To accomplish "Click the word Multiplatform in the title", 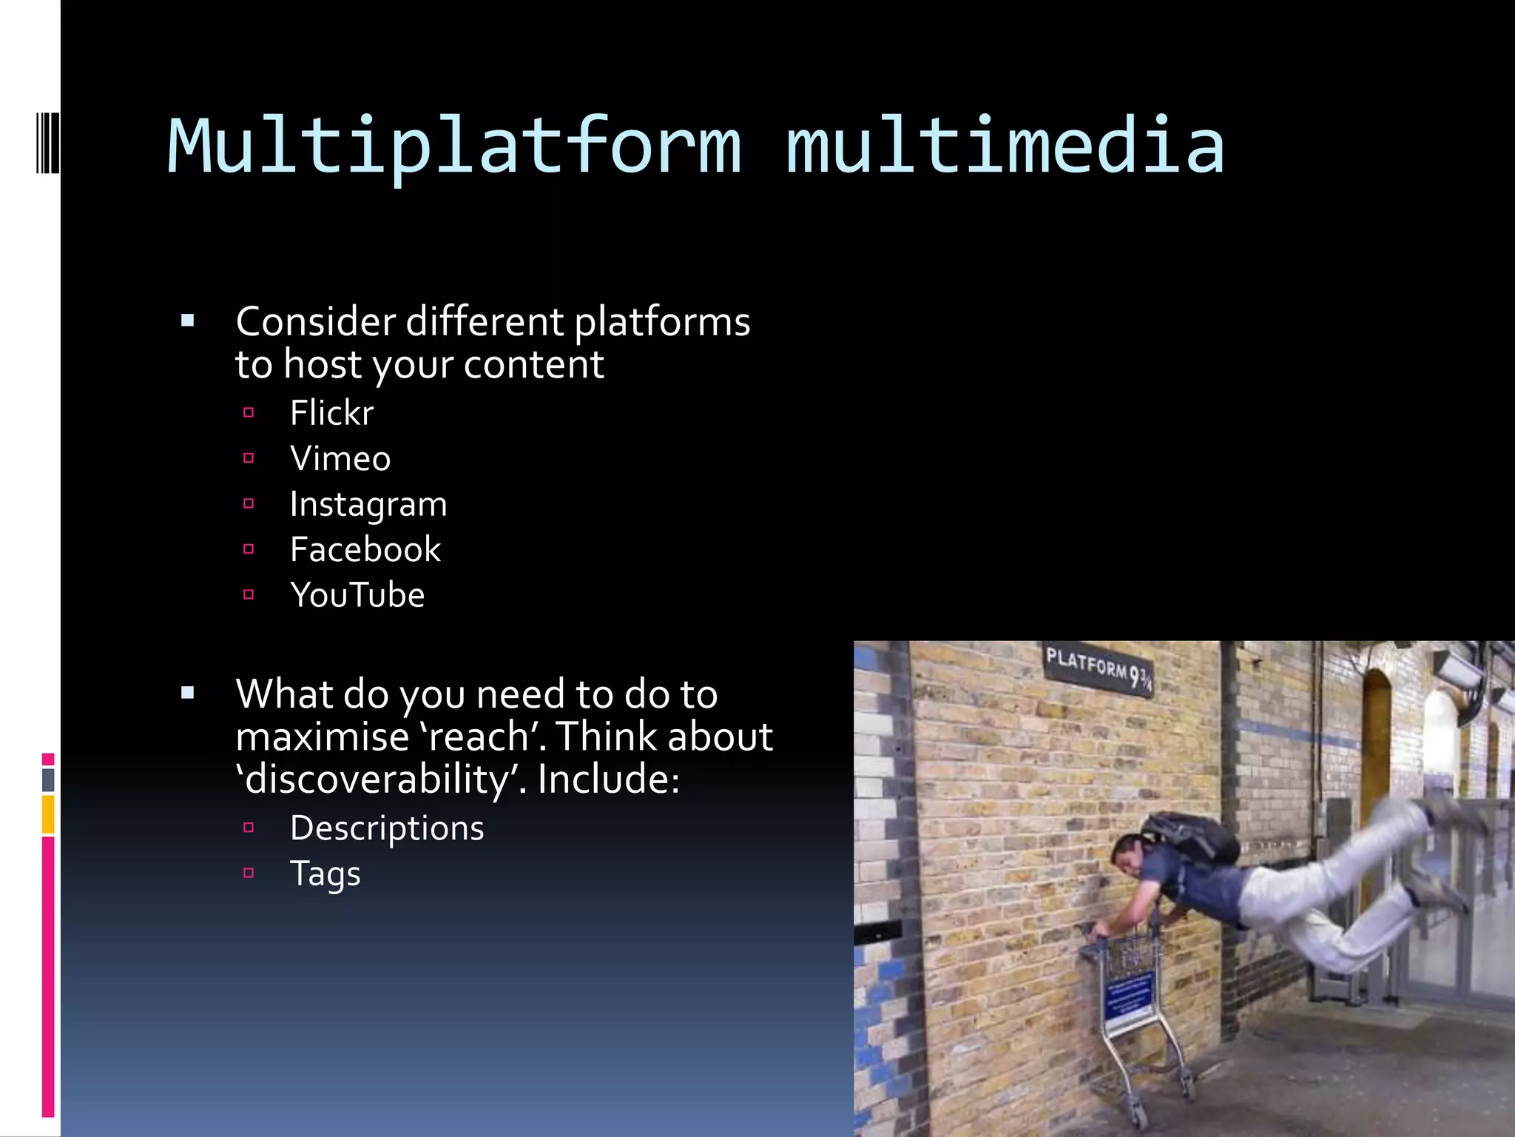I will click(454, 148).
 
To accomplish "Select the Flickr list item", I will click(331, 413).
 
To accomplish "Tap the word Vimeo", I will click(340, 459).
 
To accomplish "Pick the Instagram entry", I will click(368, 505).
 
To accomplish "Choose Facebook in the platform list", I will click(365, 550).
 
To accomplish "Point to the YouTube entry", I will click(357, 595).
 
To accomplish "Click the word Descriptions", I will click(387, 828).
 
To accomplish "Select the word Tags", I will click(325, 874).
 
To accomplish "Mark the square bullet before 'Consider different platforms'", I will click(188, 321).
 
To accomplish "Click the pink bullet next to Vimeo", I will click(249, 458).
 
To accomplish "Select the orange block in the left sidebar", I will click(48, 814).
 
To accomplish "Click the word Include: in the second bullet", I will click(608, 779).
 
